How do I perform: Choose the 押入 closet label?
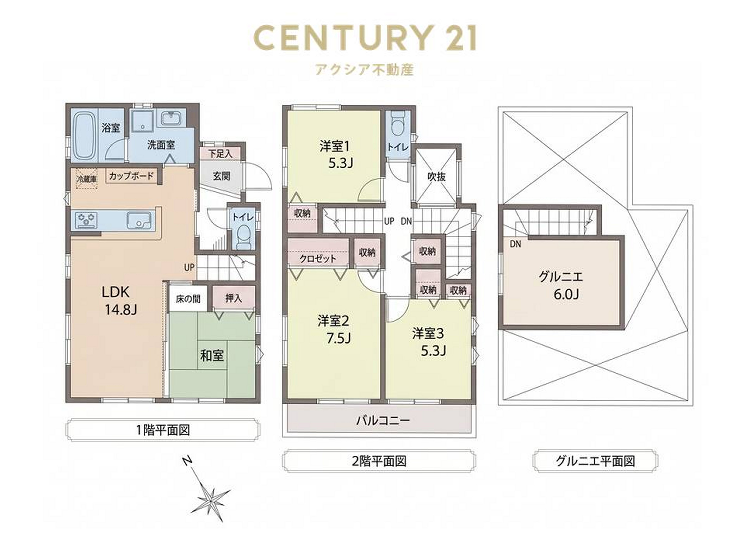233,298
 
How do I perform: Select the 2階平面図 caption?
379,461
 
